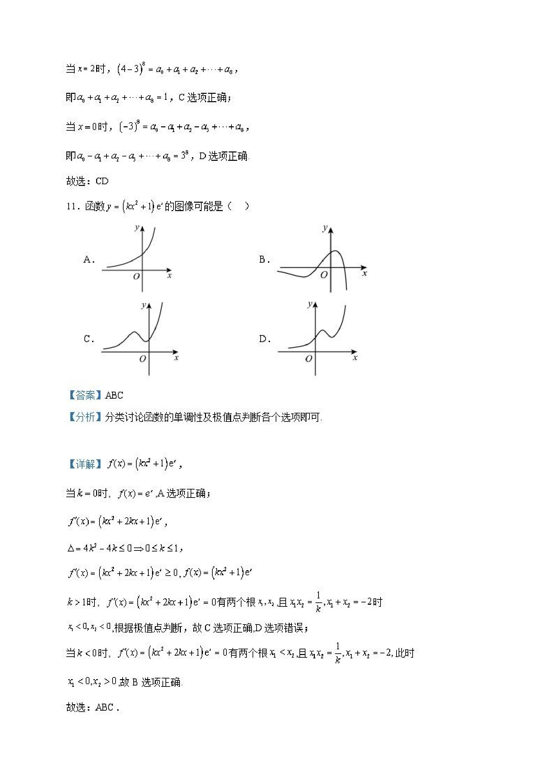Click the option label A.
coord(88,260)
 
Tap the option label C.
coord(88,339)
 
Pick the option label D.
coord(264,339)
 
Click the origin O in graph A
coord(136,277)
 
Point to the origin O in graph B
coord(324,274)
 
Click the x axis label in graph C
coord(176,358)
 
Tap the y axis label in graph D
coord(309,304)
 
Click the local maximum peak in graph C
coord(135,332)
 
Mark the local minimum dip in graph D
coord(332,337)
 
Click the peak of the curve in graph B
coord(336,251)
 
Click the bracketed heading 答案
coord(85,395)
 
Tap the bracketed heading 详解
coord(85,464)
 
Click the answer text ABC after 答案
coord(114,395)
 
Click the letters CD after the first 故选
coord(102,181)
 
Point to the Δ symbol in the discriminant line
coord(71,549)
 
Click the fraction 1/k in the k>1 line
coord(318,602)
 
